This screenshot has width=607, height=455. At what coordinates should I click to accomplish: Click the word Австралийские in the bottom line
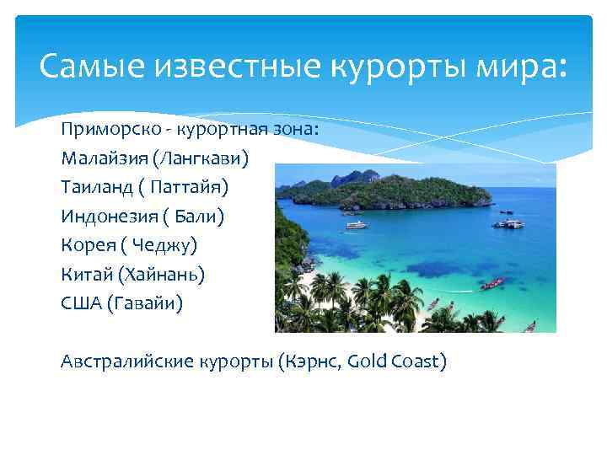click(128, 361)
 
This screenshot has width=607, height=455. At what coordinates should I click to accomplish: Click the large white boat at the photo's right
click(509, 223)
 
